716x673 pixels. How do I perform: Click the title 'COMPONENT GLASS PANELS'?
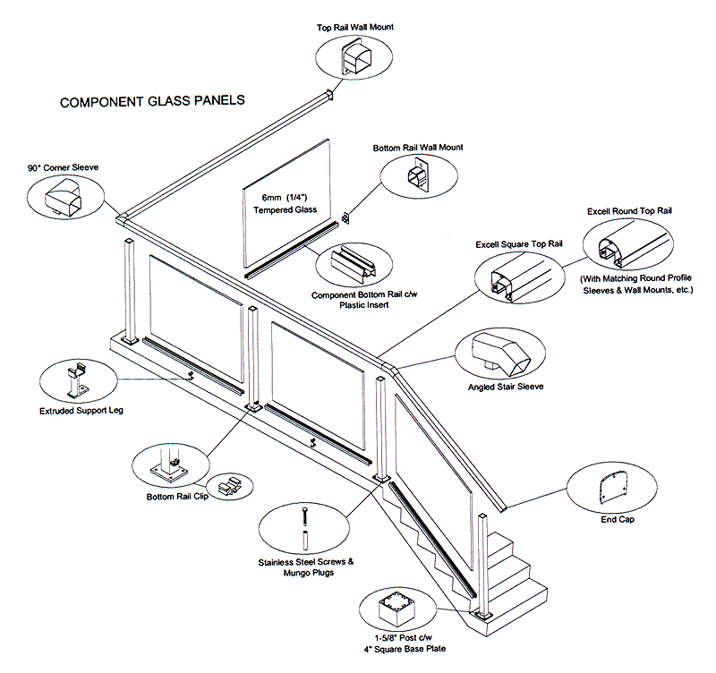pyautogui.click(x=151, y=102)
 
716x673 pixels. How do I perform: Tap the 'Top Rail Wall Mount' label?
pyautogui.click(x=355, y=28)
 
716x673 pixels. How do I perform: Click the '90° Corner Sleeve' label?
pyautogui.click(x=63, y=167)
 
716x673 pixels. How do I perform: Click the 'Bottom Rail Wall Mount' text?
pyautogui.click(x=417, y=148)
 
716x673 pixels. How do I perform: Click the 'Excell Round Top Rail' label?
pyautogui.click(x=629, y=211)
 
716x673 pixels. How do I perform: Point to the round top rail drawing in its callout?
pyautogui.click(x=626, y=247)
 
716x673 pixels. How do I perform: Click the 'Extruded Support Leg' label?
pyautogui.click(x=81, y=412)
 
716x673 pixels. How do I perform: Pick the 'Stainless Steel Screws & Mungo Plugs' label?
pyautogui.click(x=305, y=567)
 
